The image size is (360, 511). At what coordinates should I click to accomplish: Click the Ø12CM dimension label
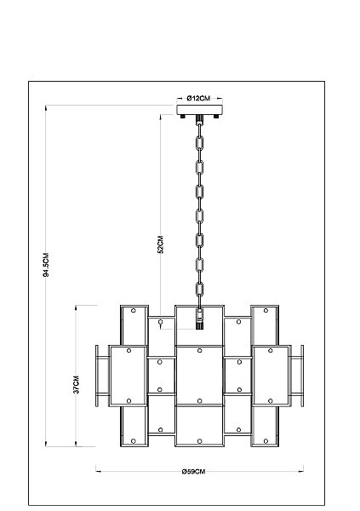(198, 98)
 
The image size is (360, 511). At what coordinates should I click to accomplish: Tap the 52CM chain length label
(160, 244)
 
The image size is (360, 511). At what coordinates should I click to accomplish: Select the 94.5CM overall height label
(46, 265)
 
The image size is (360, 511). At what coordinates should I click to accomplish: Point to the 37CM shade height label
(76, 385)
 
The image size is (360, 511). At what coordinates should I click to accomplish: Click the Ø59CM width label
(193, 472)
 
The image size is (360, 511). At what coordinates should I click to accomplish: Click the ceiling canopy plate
(199, 110)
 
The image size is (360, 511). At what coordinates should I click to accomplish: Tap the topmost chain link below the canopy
(199, 143)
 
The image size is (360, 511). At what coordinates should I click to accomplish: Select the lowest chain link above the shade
(199, 290)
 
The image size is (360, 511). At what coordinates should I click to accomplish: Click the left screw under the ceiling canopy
(183, 117)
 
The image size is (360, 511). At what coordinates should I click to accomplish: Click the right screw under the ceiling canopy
(216, 117)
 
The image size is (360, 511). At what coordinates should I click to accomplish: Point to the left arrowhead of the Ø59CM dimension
(98, 471)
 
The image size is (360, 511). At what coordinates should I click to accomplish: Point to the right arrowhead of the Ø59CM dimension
(301, 471)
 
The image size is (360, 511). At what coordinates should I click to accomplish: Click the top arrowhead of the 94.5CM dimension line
(46, 107)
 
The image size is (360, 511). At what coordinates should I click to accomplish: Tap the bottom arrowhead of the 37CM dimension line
(76, 444)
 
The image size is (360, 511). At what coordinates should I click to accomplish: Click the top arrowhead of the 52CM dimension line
(160, 117)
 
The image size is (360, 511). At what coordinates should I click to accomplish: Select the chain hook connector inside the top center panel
(199, 318)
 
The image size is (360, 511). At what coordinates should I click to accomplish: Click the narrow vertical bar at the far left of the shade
(97, 376)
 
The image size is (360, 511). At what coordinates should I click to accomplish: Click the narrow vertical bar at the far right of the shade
(302, 376)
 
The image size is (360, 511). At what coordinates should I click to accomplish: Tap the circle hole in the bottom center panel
(200, 441)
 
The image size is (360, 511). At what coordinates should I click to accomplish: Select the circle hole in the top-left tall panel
(134, 311)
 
